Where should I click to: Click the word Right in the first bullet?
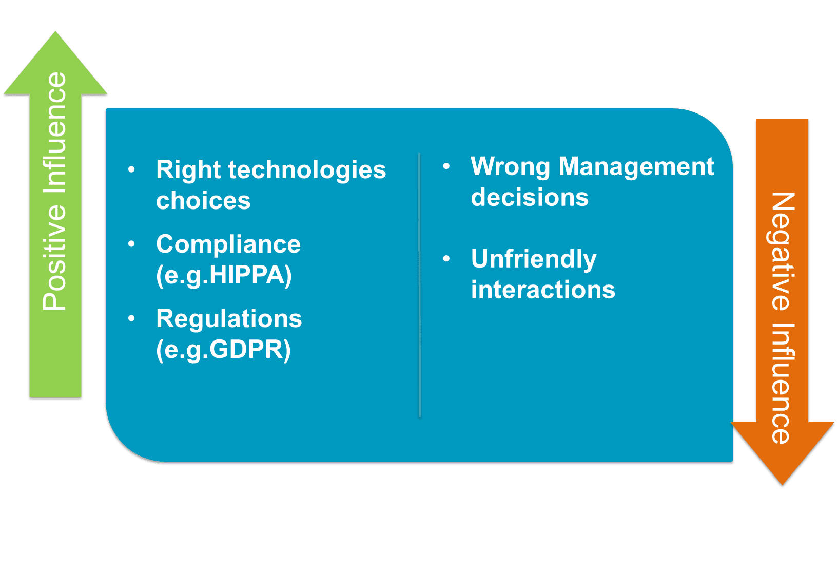(x=188, y=170)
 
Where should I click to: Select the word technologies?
(x=307, y=170)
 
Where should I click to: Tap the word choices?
(x=203, y=201)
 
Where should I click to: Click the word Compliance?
(x=228, y=244)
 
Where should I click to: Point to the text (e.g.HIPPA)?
(x=224, y=275)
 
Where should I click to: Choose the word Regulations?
(x=229, y=319)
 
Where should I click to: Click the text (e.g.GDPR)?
(x=223, y=350)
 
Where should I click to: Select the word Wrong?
(x=510, y=166)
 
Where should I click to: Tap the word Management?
(x=636, y=166)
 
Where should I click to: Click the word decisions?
(x=530, y=197)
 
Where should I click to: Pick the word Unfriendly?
(x=534, y=259)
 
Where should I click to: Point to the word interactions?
(x=543, y=290)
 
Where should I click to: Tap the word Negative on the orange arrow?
(x=783, y=251)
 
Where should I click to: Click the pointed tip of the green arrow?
(x=55, y=31)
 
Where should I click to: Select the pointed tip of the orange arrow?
(x=782, y=485)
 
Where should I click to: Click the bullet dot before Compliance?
(x=131, y=244)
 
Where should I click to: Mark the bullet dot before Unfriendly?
(x=446, y=258)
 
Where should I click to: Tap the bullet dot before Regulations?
(x=131, y=318)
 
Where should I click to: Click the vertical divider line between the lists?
(x=419, y=284)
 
